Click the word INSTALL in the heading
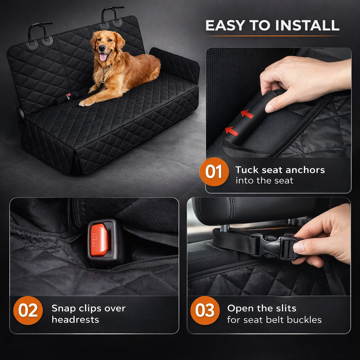click(307, 25)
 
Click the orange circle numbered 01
click(214, 172)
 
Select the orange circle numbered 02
click(28, 310)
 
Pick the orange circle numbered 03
click(205, 310)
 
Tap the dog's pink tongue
click(103, 57)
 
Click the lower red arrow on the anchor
click(232, 131)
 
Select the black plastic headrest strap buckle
click(273, 246)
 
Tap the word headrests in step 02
click(75, 319)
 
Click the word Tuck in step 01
click(247, 170)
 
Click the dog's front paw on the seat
click(85, 103)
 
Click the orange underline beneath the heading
click(272, 36)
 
